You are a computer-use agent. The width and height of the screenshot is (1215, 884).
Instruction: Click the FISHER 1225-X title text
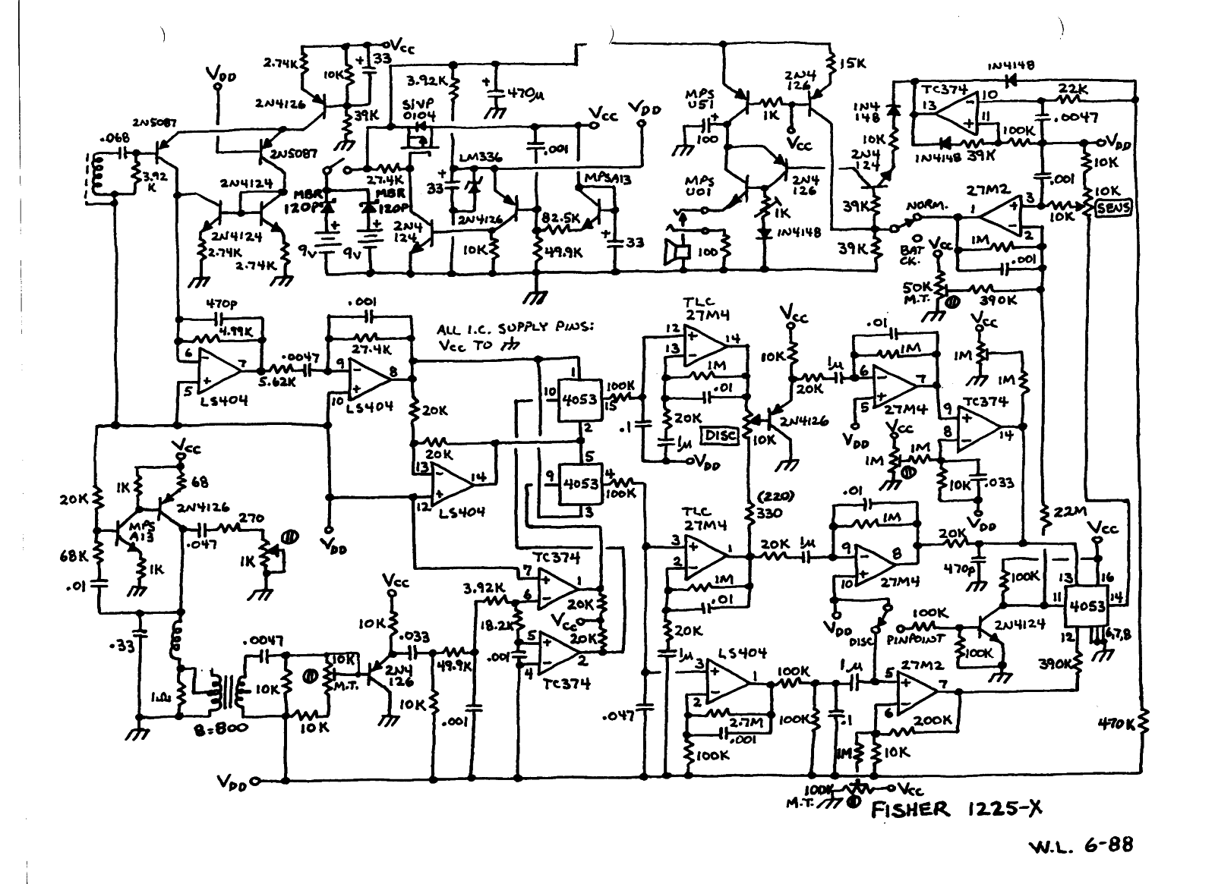coord(956,810)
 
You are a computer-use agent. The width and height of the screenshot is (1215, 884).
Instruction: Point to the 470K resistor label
coord(1117,724)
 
